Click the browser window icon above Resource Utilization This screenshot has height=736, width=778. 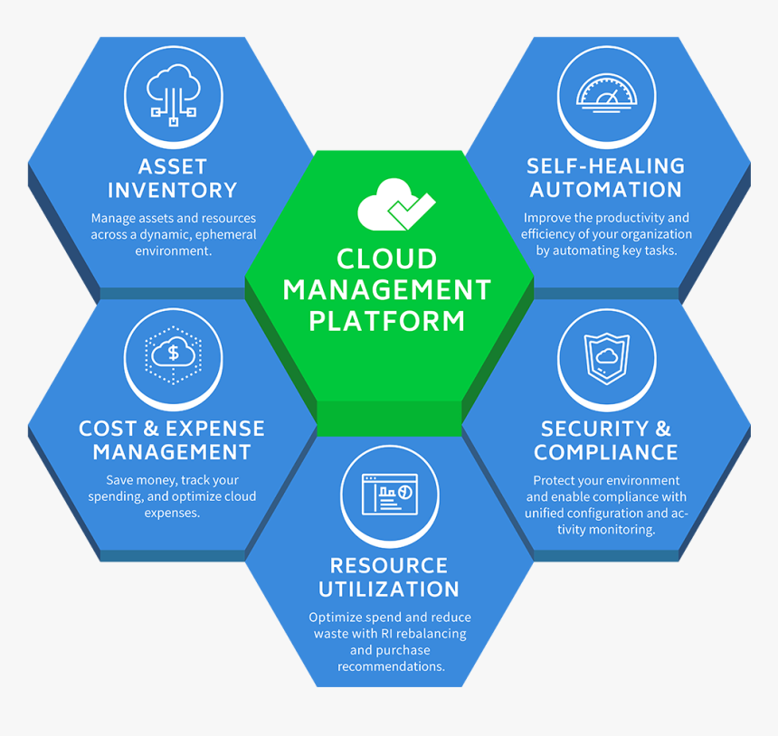point(389,495)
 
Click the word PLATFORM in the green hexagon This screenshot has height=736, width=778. point(387,320)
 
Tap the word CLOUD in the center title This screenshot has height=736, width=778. point(387,259)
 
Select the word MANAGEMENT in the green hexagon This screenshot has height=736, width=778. point(387,290)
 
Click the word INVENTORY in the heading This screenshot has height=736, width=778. point(172,190)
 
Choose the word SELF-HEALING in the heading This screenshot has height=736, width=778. point(606,166)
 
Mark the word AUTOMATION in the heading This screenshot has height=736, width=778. point(606,190)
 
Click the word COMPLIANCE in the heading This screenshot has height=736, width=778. point(606,452)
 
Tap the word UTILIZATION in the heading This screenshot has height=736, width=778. point(389,590)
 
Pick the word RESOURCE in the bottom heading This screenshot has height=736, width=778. point(389,566)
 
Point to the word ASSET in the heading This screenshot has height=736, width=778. point(172,166)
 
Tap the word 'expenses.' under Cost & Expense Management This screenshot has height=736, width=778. point(172,513)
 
